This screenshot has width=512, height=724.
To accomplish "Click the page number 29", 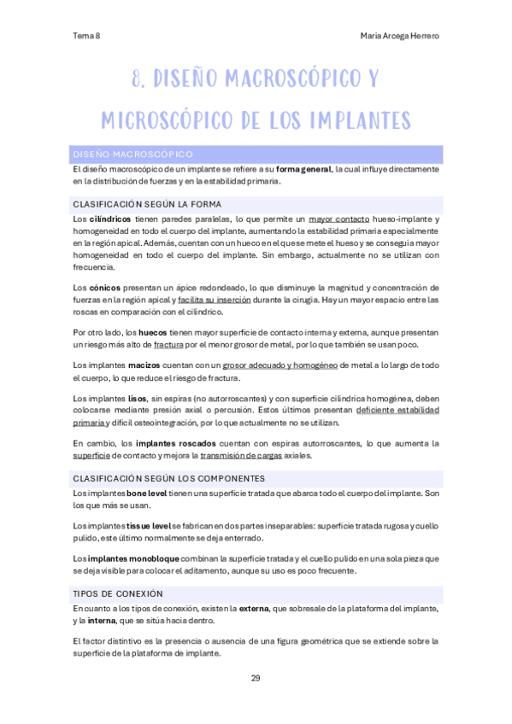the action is pyautogui.click(x=256, y=678).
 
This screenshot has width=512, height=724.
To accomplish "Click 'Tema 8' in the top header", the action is pyautogui.click(x=86, y=36).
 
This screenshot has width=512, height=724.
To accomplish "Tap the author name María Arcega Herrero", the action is pyautogui.click(x=400, y=36).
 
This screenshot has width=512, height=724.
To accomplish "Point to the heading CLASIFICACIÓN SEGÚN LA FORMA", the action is pyautogui.click(x=147, y=204).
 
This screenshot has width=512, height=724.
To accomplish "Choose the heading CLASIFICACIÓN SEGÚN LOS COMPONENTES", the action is pyautogui.click(x=169, y=478).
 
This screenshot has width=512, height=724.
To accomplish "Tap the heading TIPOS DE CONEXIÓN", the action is pyautogui.click(x=118, y=593).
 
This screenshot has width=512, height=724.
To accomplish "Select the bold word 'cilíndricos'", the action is pyautogui.click(x=109, y=219).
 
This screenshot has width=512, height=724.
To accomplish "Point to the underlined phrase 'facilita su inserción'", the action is pyautogui.click(x=215, y=300).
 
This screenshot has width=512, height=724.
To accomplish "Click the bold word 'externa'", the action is pyautogui.click(x=253, y=608).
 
